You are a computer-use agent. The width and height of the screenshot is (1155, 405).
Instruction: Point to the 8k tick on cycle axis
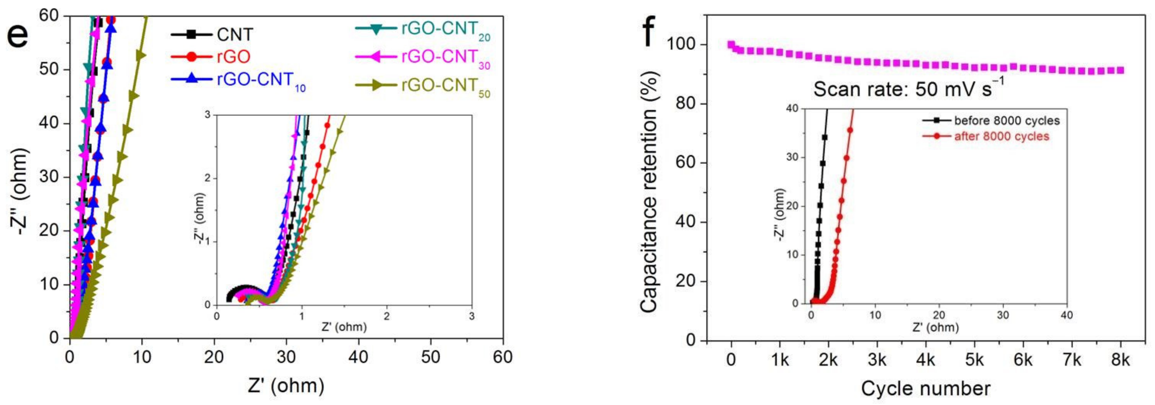pos(1120,360)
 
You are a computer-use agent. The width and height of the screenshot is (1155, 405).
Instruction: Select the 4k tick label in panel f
pos(926,360)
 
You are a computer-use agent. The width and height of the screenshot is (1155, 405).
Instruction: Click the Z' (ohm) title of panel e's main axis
pos(286,386)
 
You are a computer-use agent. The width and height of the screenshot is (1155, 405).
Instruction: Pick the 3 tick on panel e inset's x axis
pos(472,316)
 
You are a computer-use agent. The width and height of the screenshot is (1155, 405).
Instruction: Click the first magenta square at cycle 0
pos(731,44)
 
